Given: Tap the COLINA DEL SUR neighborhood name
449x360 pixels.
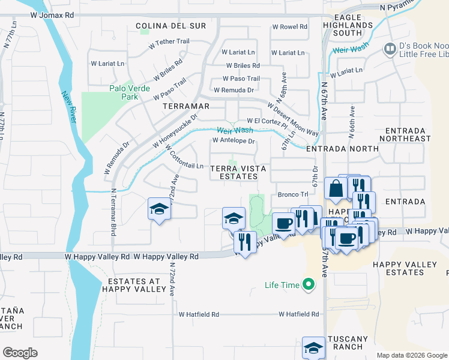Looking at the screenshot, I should [x=170, y=26].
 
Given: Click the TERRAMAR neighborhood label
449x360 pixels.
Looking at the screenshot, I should [x=186, y=106].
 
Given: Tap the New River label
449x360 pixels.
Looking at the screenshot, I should [x=69, y=107].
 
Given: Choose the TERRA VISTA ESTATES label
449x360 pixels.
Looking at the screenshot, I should [x=234, y=172].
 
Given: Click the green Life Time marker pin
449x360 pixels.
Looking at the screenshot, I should [x=309, y=284].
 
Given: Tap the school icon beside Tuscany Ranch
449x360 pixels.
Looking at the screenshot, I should [x=313, y=347].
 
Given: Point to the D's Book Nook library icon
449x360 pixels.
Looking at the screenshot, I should [x=390, y=48].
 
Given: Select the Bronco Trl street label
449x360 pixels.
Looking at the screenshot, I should [x=292, y=194].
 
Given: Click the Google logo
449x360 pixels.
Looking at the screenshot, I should [x=20, y=353].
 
